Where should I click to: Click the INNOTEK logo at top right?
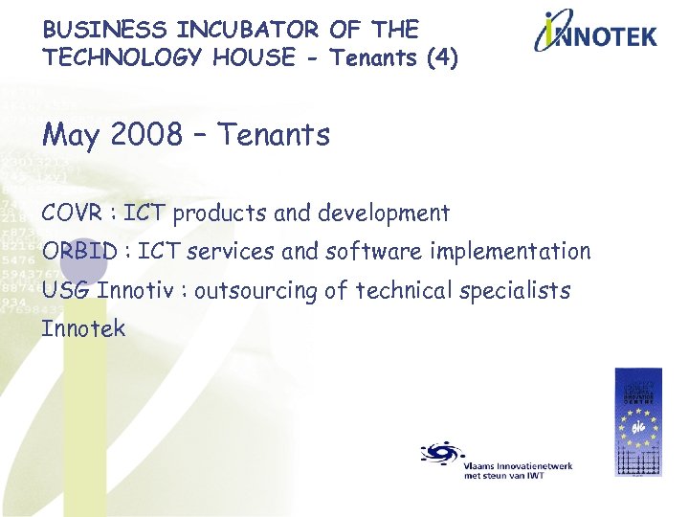point(595,33)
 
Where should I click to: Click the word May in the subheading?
point(71,137)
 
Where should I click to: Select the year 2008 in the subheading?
point(146,135)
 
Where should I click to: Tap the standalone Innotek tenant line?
point(83,328)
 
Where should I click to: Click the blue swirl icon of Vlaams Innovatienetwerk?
point(440,454)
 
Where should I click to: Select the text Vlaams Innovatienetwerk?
point(518,465)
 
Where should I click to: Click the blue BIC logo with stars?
point(637,422)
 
